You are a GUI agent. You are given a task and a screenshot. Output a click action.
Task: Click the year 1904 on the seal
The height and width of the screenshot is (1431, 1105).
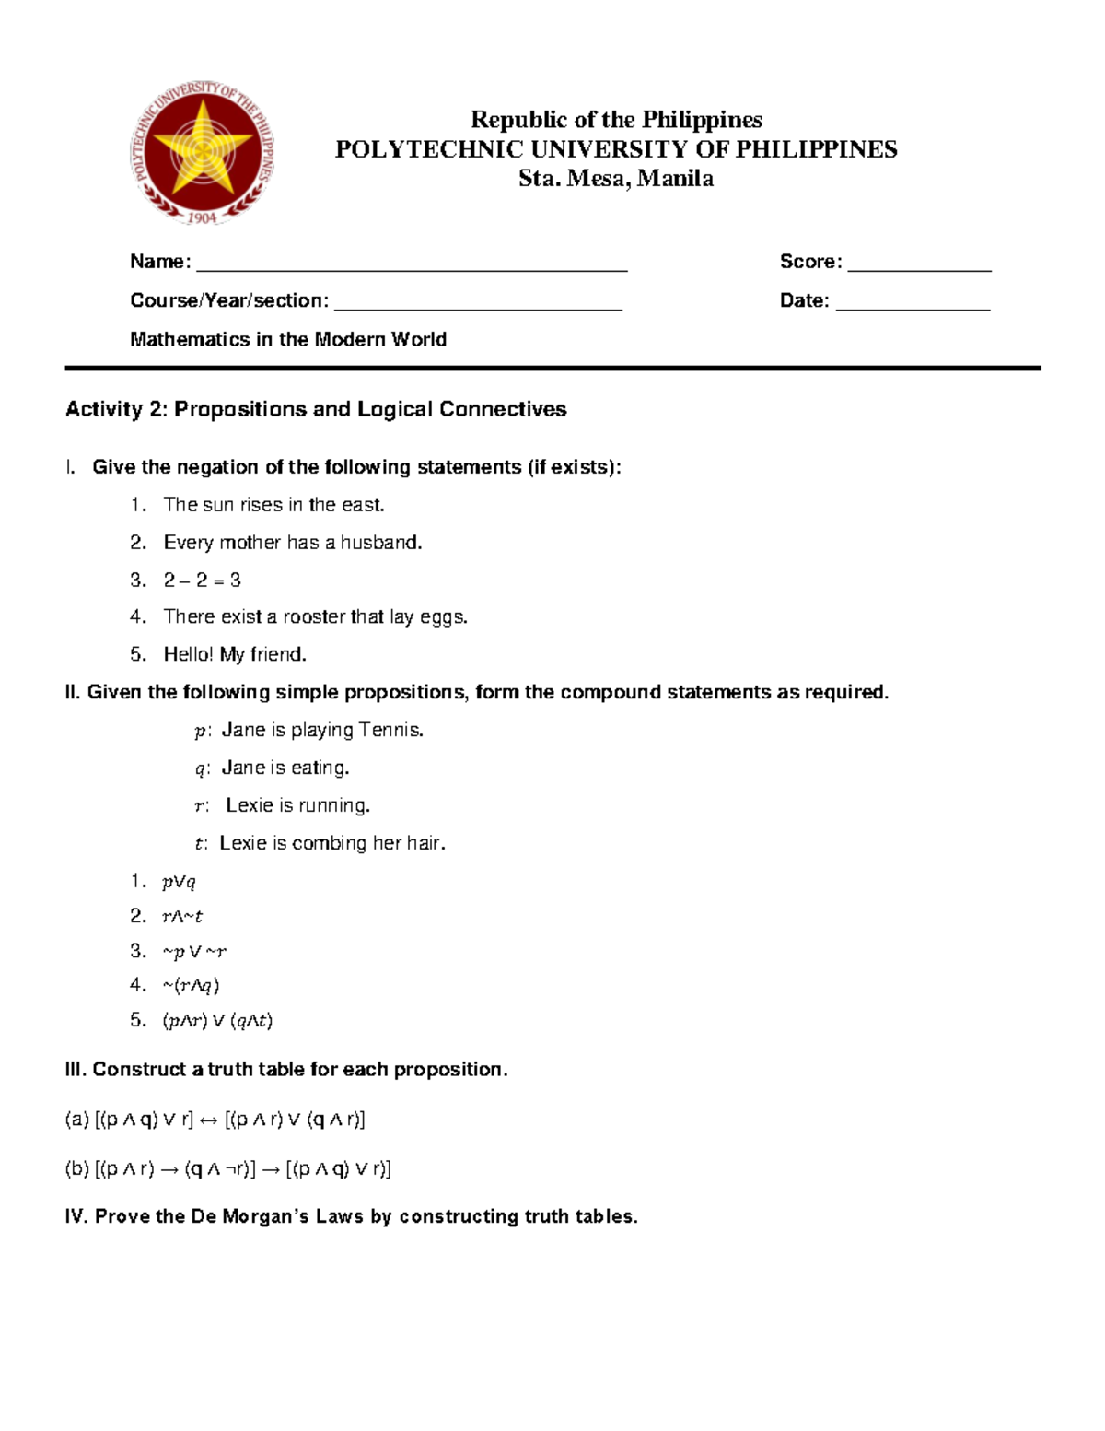(x=202, y=217)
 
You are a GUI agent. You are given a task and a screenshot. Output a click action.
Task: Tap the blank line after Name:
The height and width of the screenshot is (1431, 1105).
(x=412, y=267)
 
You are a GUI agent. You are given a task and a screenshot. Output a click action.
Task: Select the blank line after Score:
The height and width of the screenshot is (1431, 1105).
(x=919, y=267)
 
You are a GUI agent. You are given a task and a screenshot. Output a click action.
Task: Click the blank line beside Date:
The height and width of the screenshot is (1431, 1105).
(x=913, y=307)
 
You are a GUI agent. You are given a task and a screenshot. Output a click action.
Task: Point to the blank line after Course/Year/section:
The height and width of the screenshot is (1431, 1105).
(x=478, y=307)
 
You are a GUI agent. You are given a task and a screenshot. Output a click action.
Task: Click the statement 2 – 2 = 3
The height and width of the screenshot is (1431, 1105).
(x=202, y=581)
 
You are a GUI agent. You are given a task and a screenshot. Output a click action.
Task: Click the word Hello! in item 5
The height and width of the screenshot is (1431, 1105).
(x=188, y=654)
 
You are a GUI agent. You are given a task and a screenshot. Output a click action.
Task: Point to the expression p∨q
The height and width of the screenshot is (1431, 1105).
(x=179, y=882)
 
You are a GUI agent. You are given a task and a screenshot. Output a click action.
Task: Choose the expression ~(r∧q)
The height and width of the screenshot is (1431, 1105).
(x=191, y=986)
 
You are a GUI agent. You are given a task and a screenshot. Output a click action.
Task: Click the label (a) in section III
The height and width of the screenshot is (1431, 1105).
(x=76, y=1120)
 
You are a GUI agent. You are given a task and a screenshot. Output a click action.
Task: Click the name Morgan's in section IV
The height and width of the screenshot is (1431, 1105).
(x=265, y=1216)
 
